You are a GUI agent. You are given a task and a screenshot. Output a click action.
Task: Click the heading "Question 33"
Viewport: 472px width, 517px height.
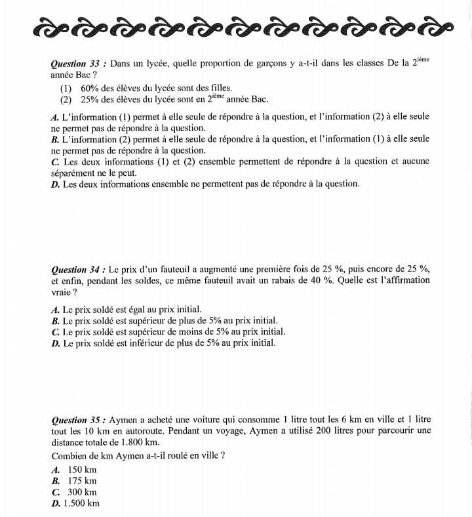point(78,64)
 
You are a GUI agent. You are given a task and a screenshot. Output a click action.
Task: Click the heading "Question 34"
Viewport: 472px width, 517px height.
point(78,270)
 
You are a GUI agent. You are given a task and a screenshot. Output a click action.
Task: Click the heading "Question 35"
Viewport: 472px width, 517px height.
point(78,420)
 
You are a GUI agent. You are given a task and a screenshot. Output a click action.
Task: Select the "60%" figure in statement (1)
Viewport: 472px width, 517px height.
point(90,88)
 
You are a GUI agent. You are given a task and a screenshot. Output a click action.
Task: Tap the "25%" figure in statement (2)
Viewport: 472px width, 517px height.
point(90,100)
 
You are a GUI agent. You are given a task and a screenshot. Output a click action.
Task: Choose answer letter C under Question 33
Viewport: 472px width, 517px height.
point(54,161)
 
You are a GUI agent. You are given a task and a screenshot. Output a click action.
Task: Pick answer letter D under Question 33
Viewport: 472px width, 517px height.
point(54,184)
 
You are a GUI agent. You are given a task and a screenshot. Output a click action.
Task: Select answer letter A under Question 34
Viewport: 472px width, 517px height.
point(54,310)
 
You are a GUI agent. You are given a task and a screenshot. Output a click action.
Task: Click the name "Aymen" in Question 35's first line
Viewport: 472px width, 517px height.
point(123,420)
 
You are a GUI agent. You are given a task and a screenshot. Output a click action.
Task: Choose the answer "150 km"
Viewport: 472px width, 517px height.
point(82,470)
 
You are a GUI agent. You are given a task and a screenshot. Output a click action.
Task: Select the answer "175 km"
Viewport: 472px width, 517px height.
point(82,481)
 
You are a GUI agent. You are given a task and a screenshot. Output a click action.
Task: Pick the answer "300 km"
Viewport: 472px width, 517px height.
point(82,492)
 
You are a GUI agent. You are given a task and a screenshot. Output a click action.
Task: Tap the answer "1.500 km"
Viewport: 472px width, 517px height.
point(82,503)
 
